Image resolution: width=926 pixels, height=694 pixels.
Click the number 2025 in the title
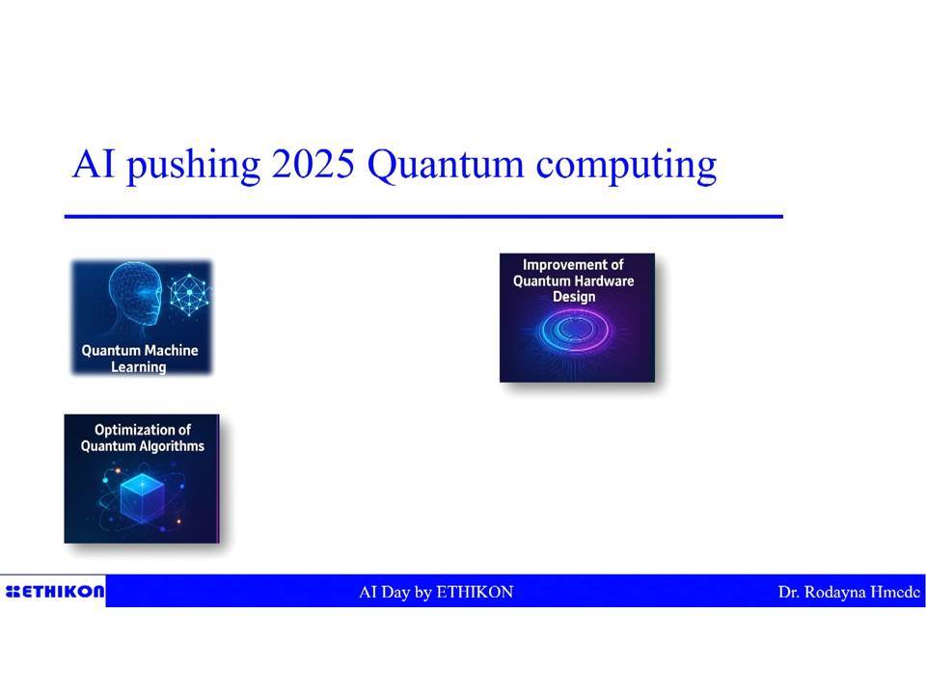[313, 164]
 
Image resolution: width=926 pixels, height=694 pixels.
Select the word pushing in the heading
[193, 165]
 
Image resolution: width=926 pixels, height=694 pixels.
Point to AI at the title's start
[94, 164]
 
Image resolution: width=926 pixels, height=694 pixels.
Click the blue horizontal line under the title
[423, 217]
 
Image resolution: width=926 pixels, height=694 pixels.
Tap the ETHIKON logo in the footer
[54, 591]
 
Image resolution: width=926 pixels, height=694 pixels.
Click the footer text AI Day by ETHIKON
[436, 592]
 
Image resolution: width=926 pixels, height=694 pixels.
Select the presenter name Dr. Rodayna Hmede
[849, 592]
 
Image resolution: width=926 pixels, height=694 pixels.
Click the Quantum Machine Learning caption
[140, 359]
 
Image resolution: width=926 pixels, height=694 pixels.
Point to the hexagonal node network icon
[190, 295]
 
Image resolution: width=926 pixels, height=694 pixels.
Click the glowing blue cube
[142, 497]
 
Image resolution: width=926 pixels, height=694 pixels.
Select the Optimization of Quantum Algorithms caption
[143, 438]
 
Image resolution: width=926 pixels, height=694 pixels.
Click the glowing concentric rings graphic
[575, 331]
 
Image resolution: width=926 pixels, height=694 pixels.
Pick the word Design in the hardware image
[574, 297]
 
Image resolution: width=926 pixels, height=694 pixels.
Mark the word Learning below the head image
[139, 367]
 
